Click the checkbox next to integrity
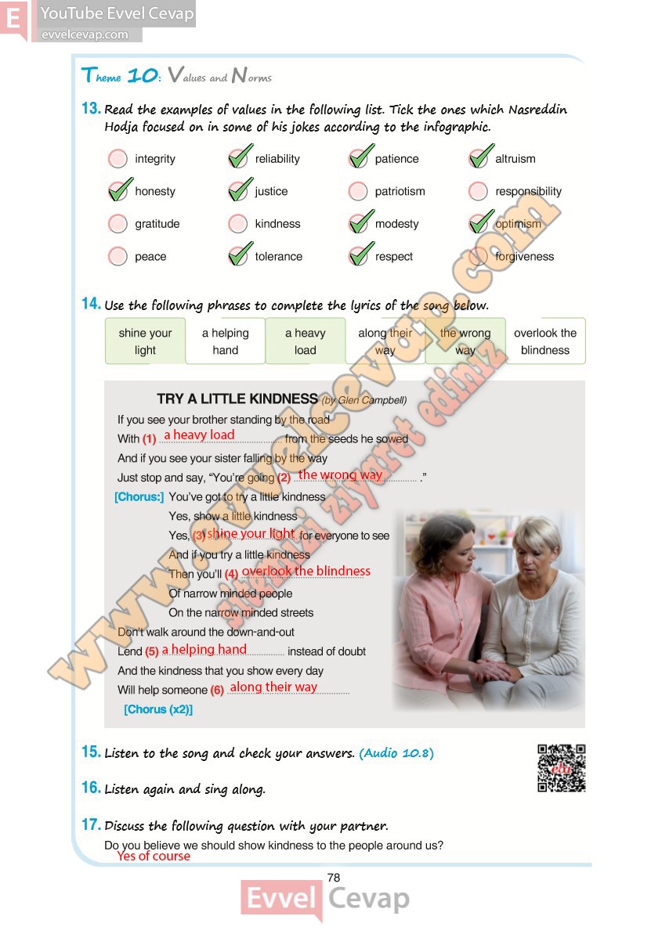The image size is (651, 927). (x=118, y=159)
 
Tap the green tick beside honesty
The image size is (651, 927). (x=119, y=190)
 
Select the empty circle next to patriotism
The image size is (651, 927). (x=358, y=191)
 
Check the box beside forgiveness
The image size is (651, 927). (x=479, y=256)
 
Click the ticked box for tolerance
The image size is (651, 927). (x=239, y=255)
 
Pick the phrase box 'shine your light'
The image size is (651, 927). (x=145, y=341)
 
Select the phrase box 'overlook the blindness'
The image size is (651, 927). (x=545, y=341)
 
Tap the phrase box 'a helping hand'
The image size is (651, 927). (x=225, y=341)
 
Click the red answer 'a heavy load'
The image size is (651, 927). (x=199, y=435)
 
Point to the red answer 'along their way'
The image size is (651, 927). (x=273, y=687)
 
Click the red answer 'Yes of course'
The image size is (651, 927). (x=154, y=857)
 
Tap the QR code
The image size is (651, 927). (x=562, y=768)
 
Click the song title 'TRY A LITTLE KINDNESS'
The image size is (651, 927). (x=237, y=399)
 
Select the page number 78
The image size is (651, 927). (x=334, y=878)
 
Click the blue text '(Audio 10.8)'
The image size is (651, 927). (x=396, y=753)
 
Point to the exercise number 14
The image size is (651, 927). (x=91, y=305)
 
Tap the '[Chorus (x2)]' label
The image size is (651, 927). (x=158, y=710)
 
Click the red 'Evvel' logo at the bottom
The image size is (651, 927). (x=281, y=899)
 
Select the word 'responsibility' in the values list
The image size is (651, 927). (x=528, y=191)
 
